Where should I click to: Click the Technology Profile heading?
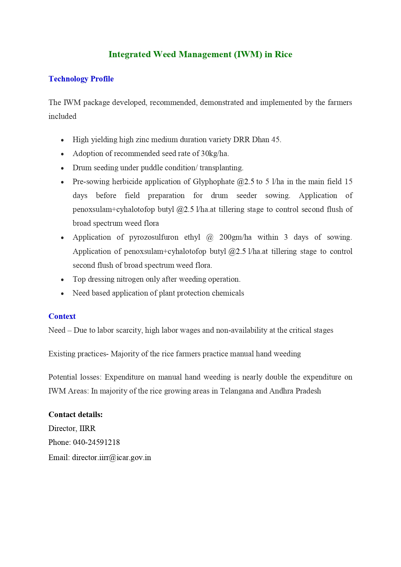[81, 79]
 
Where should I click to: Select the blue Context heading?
[62, 316]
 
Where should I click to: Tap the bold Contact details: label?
[76, 415]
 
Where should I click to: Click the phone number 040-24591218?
[96, 442]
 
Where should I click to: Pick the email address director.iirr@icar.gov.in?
[111, 457]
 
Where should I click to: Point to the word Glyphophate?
[214, 182]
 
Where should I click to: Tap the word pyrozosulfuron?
[153, 237]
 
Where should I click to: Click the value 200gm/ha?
[235, 237]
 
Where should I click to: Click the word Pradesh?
[308, 391]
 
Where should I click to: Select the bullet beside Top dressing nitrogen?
[62, 279]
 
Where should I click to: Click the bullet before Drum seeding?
[62, 168]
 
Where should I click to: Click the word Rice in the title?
[283, 54]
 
